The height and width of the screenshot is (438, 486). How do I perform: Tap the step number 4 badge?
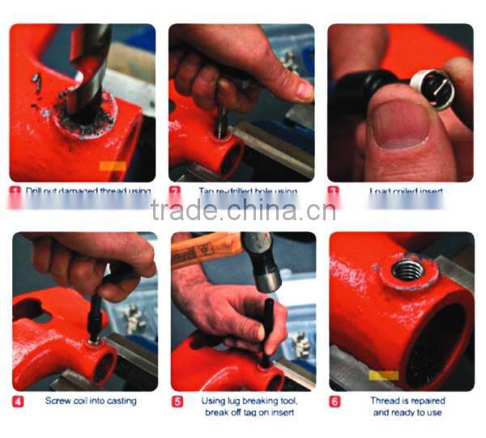pyautogui.click(x=18, y=401)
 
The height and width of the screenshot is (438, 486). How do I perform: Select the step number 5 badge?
pyautogui.click(x=177, y=401)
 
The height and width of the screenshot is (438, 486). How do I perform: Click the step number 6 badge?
pyautogui.click(x=335, y=401)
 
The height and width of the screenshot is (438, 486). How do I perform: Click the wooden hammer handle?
pyautogui.click(x=202, y=252)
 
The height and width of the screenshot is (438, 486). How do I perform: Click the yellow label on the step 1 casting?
pyautogui.click(x=112, y=167)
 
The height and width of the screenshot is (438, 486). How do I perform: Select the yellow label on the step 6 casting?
pyautogui.click(x=383, y=375)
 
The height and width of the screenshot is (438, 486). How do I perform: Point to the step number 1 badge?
pyautogui.click(x=16, y=192)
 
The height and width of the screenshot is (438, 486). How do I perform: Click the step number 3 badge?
pyautogui.click(x=334, y=192)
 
